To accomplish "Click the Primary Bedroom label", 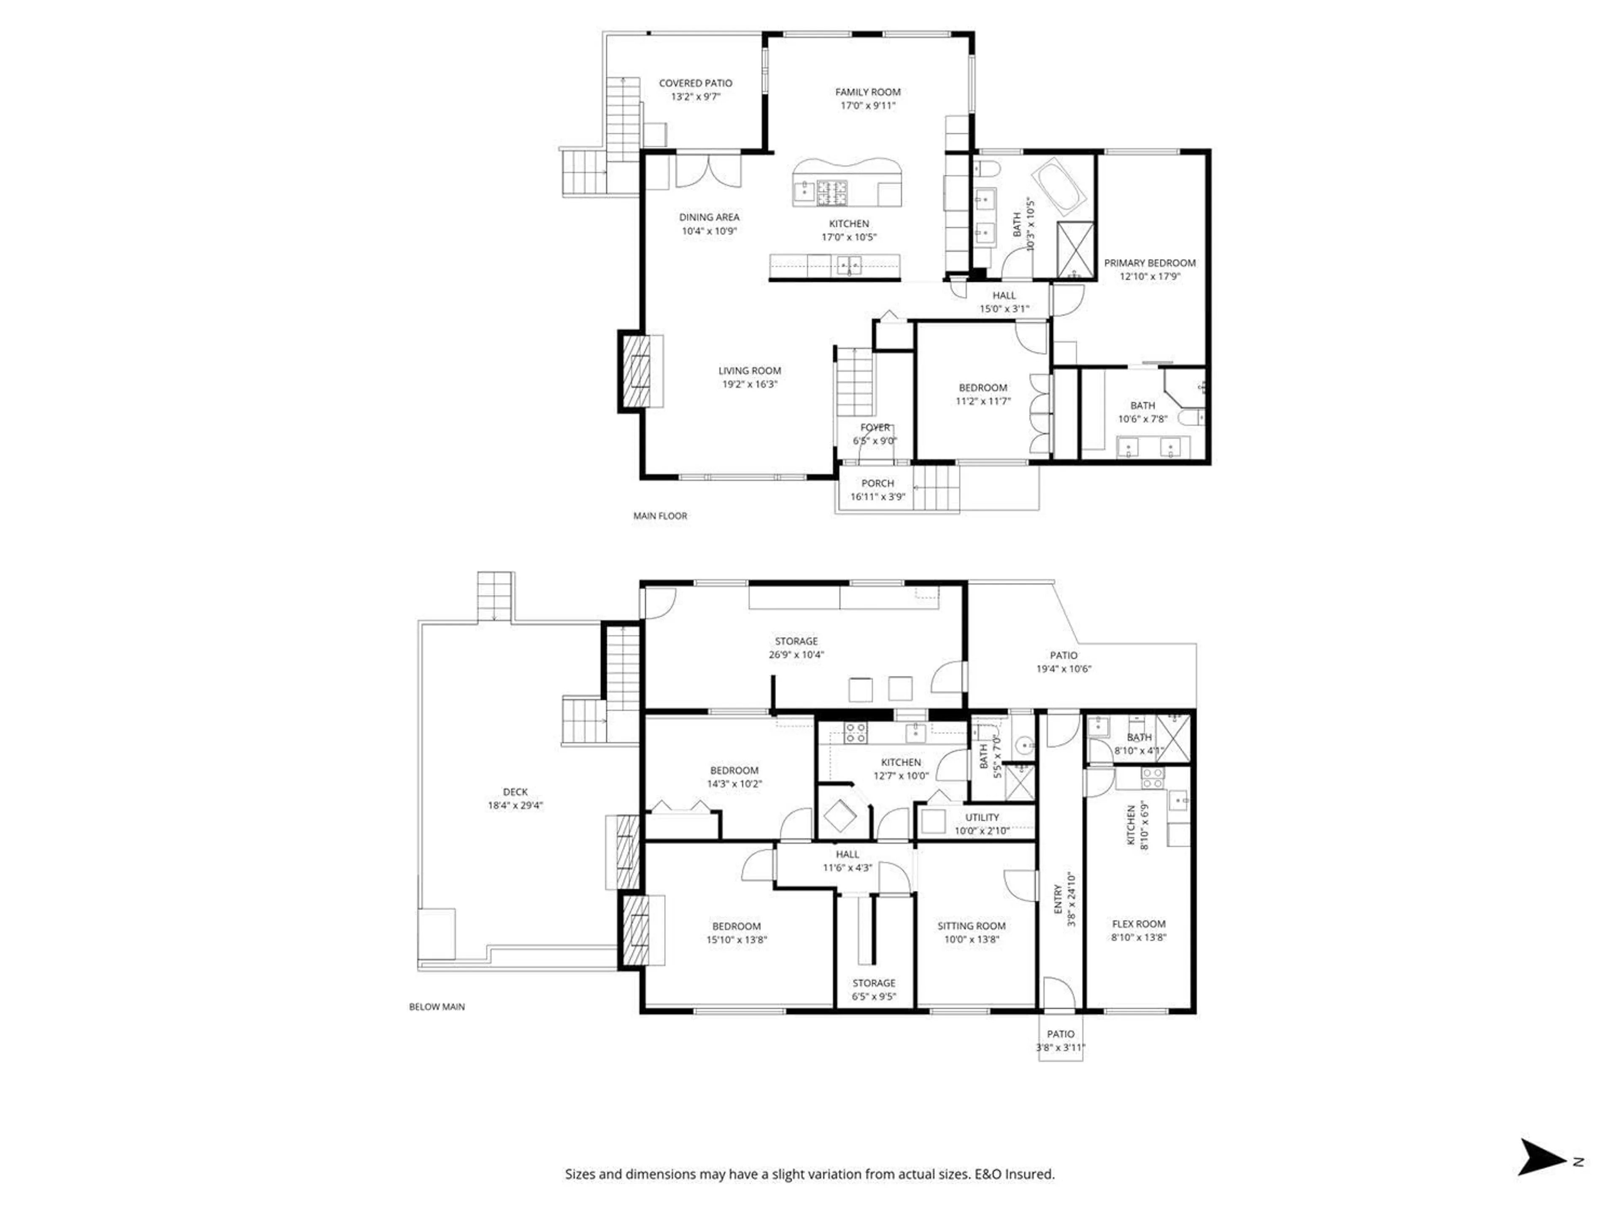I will (1149, 263).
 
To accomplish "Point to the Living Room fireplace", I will (634, 371).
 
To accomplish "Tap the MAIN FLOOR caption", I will (660, 516).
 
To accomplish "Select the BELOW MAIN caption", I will (437, 1006).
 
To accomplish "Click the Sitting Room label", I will (971, 926).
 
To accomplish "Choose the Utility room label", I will (981, 817).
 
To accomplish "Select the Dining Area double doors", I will (707, 170).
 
